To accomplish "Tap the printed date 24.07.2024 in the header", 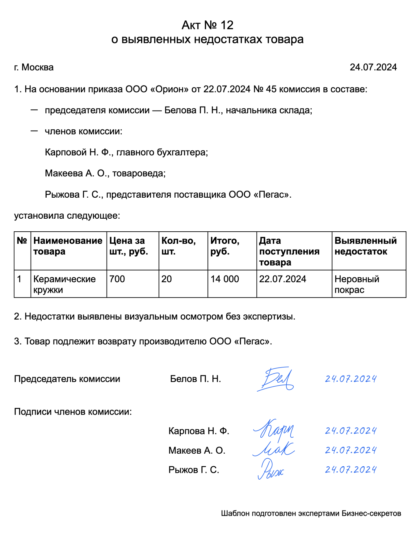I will click(x=373, y=67).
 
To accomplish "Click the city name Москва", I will click(x=38, y=67).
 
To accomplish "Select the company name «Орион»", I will click(x=169, y=89).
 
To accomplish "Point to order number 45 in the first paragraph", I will click(x=271, y=89).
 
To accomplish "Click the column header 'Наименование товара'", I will click(x=68, y=246).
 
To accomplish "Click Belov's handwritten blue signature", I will click(x=276, y=380).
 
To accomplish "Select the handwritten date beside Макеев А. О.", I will click(x=351, y=450).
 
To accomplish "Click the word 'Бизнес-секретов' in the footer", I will click(x=371, y=514).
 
